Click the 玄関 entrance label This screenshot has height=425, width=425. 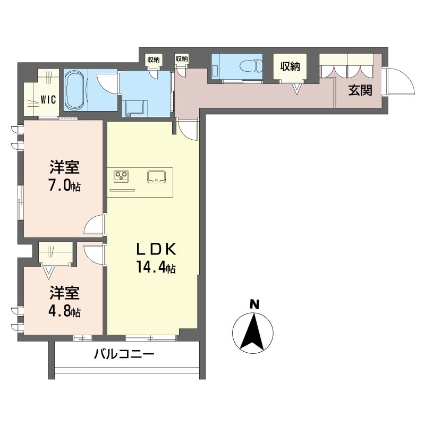[360, 90]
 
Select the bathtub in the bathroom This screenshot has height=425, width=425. [75, 90]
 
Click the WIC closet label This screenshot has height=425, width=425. [48, 99]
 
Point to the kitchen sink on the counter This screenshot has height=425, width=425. [156, 176]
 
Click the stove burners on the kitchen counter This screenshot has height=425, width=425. [121, 176]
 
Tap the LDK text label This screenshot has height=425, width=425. [156, 249]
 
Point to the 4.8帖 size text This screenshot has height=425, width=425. [64, 311]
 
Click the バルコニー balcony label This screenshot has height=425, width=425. [124, 354]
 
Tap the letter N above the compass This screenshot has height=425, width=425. [254, 304]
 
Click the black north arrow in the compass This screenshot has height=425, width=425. [252, 332]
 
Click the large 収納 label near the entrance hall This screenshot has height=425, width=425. [290, 66]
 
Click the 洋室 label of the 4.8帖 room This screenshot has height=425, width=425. [64, 293]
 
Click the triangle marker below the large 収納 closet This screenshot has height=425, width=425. [297, 89]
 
